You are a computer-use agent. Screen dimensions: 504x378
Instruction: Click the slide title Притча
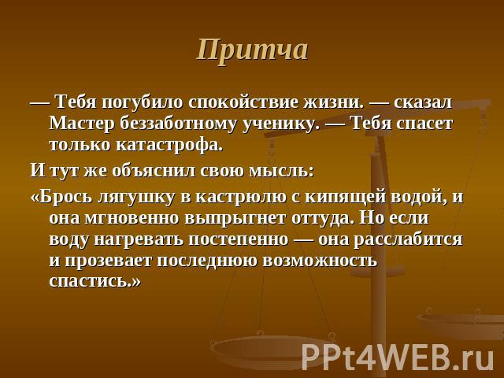point(253,50)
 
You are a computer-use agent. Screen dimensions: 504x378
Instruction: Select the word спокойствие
point(243,103)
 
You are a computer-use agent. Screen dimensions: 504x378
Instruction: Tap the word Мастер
point(82,124)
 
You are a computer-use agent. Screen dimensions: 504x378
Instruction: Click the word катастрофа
point(169,145)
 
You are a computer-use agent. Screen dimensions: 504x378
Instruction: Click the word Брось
point(61,197)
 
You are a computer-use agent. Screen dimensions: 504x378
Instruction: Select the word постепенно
point(238,240)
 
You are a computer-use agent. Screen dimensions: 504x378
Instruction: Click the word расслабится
point(408,240)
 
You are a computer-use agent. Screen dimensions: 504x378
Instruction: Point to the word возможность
point(320,261)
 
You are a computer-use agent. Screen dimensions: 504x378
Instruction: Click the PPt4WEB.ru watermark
point(398,358)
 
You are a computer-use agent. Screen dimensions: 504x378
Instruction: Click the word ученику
point(280,124)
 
